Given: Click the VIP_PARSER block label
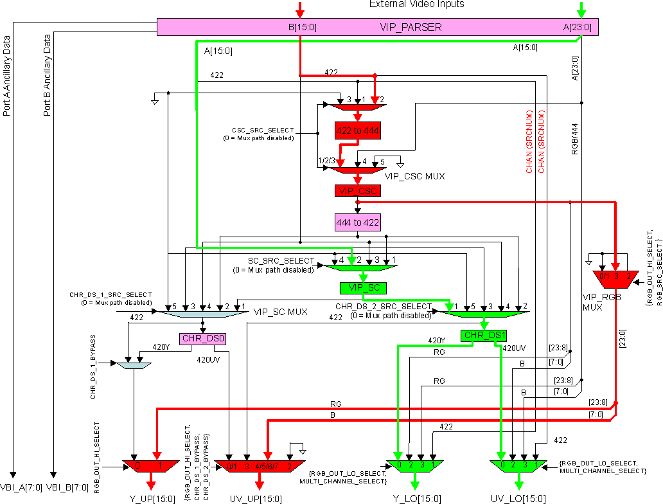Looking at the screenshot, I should click(x=411, y=27).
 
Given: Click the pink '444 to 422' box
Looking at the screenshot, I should click(x=357, y=222).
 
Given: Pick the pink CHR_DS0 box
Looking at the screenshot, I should click(x=203, y=338).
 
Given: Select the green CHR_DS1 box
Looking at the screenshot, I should click(x=484, y=335).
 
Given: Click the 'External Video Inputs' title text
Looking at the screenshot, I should click(x=416, y=4).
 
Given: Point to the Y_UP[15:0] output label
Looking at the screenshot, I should click(x=151, y=498).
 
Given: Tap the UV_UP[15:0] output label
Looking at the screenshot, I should click(x=255, y=498).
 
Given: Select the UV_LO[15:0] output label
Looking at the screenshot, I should click(x=518, y=498).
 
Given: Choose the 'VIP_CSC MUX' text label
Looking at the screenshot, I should click(x=414, y=175).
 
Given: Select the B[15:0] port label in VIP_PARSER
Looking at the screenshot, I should click(x=302, y=27).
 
